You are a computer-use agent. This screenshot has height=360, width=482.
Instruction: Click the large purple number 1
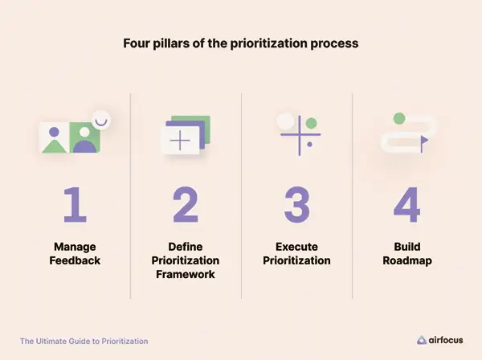(76, 204)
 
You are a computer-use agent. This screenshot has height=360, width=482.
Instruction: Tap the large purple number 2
(186, 204)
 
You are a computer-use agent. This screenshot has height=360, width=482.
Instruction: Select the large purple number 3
(296, 204)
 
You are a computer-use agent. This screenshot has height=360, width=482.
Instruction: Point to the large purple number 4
(407, 204)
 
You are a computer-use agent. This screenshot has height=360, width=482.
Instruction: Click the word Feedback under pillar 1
(75, 260)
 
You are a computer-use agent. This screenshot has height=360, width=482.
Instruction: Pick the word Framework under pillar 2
(186, 274)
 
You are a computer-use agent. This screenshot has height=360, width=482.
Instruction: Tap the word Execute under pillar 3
(296, 247)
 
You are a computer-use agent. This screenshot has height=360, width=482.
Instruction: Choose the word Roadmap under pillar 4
(407, 260)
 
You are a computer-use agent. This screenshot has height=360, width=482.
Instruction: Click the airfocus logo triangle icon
(422, 340)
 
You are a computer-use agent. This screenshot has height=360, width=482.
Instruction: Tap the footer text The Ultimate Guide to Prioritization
(84, 342)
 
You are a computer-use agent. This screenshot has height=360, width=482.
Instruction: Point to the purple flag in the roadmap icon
(424, 144)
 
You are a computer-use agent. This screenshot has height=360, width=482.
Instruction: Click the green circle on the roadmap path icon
(399, 118)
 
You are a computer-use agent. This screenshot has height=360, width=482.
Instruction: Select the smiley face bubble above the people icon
(101, 121)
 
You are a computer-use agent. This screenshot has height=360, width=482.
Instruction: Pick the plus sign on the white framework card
(180, 141)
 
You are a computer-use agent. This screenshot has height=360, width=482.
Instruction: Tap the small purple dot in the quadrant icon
(309, 144)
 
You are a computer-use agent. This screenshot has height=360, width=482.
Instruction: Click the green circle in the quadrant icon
(312, 123)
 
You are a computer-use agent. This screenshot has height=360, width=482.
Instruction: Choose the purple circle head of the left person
(54, 132)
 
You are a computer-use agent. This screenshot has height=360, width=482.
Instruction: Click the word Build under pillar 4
(407, 247)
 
